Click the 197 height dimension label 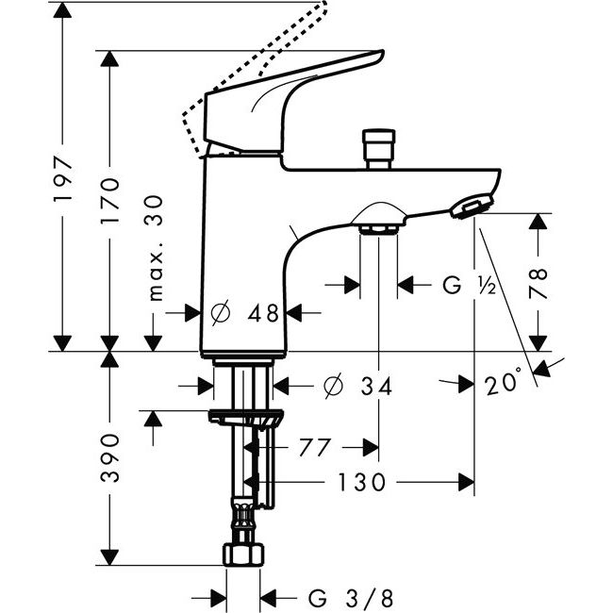[62, 179]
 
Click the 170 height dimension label [112, 196]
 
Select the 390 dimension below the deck [112, 458]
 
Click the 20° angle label [505, 384]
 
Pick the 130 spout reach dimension [363, 483]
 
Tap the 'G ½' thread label [468, 285]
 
